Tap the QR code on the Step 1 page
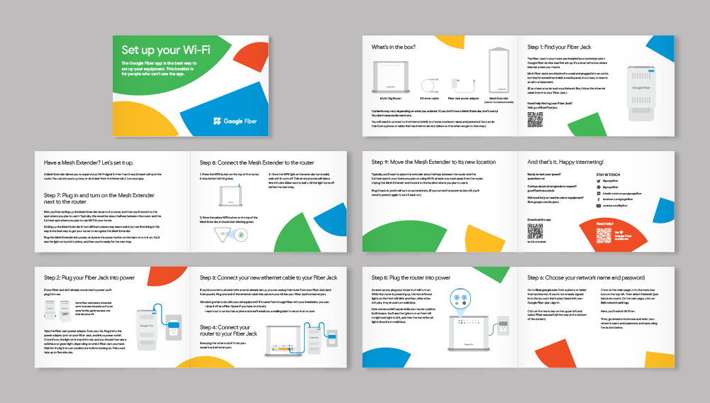coord(535,120)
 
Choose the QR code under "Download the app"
coord(535,233)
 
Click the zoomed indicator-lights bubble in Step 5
coord(449,297)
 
